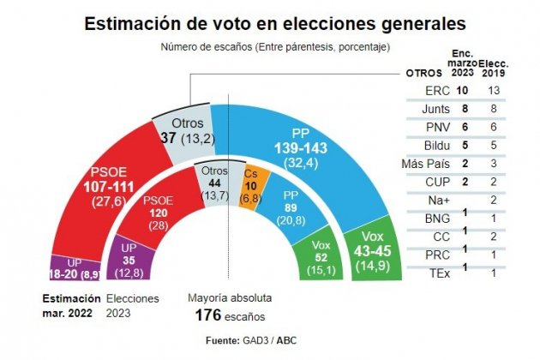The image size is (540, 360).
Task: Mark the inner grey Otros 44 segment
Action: coord(216,182)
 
